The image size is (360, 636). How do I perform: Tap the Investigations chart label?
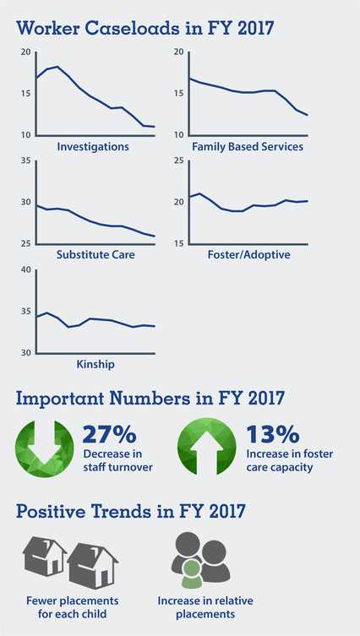[x=93, y=147]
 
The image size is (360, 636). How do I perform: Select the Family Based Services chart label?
[x=248, y=147]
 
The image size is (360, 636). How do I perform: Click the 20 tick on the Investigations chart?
[x=25, y=52]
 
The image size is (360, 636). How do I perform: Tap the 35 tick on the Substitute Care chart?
[x=25, y=160]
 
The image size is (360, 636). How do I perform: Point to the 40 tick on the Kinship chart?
[x=25, y=270]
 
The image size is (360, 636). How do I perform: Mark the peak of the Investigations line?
[x=56, y=66]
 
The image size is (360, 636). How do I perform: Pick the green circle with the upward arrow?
[x=207, y=448]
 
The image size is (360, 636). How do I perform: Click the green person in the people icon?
[x=194, y=576]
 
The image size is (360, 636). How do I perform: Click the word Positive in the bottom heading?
[x=58, y=512]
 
